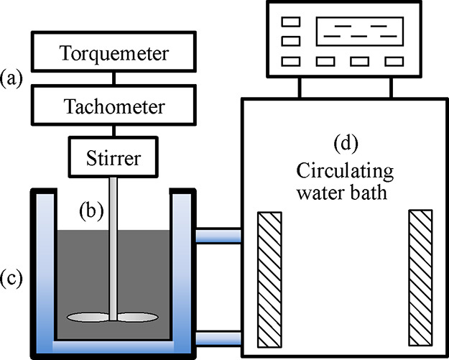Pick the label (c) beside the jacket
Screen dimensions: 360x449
coord(12,278)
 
